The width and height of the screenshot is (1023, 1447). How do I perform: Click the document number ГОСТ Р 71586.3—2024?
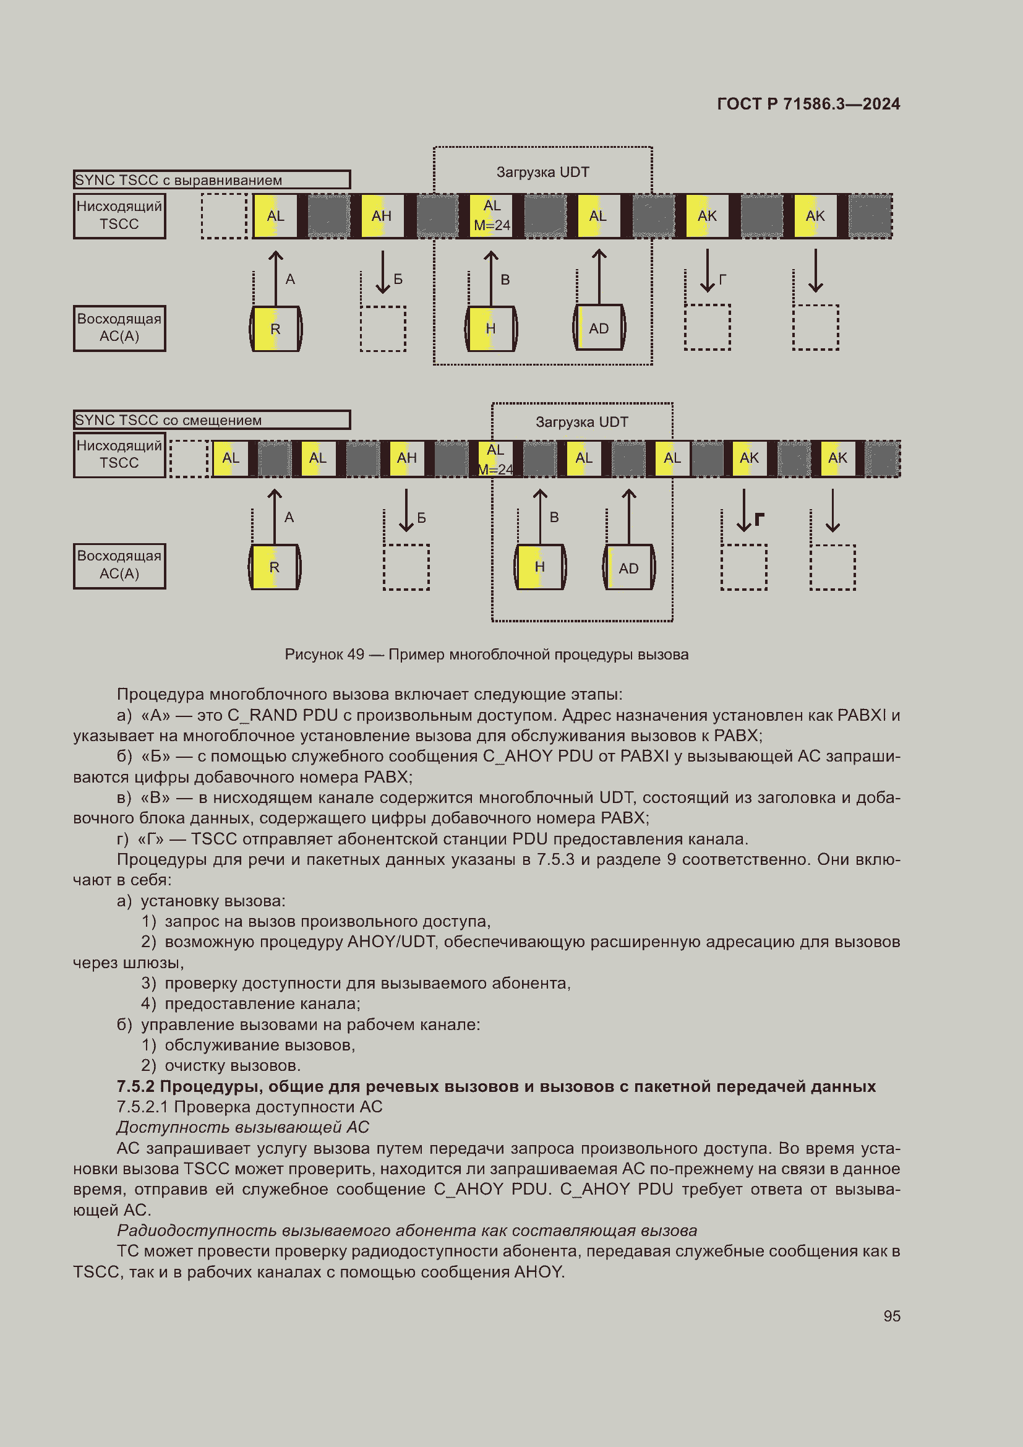click(x=808, y=104)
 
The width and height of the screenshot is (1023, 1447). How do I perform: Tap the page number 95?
click(x=891, y=1316)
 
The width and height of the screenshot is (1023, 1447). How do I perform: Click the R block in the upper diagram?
click(x=275, y=329)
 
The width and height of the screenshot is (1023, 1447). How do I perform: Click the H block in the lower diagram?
click(x=540, y=567)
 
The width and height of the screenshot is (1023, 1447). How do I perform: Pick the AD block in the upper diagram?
click(x=599, y=328)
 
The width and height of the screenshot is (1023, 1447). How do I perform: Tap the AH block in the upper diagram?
click(x=382, y=216)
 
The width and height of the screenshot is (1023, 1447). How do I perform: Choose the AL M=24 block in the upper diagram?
click(x=492, y=215)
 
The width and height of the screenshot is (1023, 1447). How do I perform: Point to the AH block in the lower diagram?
click(x=407, y=458)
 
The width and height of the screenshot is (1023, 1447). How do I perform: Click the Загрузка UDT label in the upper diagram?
click(x=542, y=172)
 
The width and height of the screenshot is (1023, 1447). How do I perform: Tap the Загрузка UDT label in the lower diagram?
click(x=581, y=423)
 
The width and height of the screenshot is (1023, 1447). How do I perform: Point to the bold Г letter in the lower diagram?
click(x=760, y=519)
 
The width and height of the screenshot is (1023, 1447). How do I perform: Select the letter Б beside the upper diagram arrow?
click(x=398, y=279)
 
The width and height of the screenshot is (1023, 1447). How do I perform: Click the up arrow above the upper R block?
click(x=275, y=277)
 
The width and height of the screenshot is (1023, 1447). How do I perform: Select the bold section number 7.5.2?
click(x=136, y=1086)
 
